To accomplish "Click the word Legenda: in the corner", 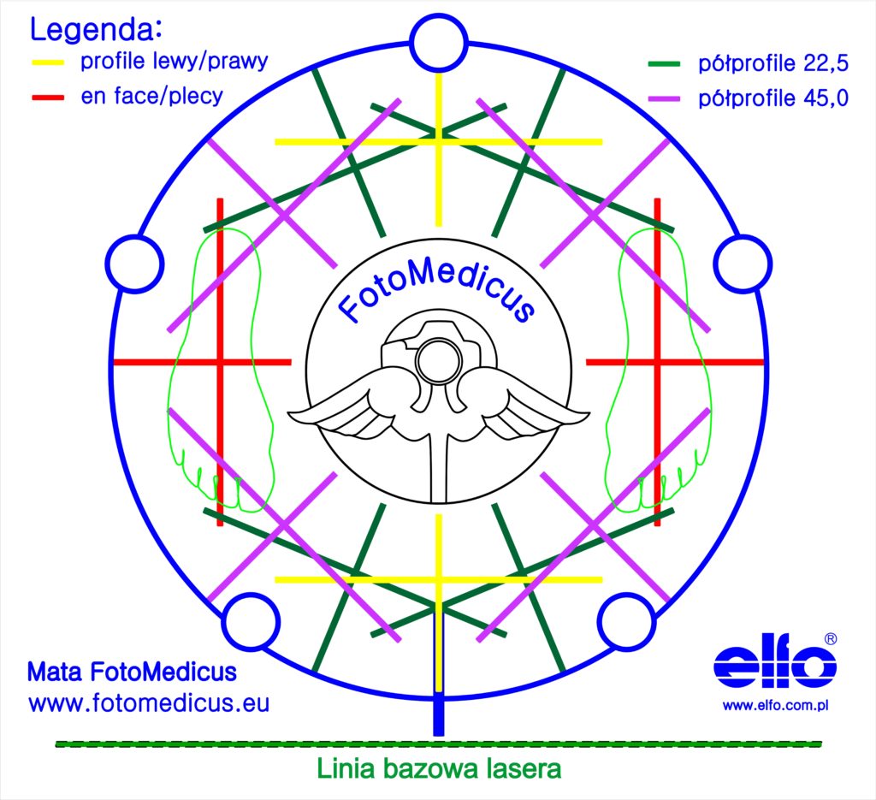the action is point(96,29).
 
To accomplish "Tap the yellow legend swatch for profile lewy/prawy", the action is point(48,62).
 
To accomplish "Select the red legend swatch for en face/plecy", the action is point(48,98).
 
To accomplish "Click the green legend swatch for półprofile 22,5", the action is point(664,64).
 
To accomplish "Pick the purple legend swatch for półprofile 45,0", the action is point(664,99).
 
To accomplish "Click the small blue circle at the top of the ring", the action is point(439,43).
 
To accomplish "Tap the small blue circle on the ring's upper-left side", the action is point(134,264).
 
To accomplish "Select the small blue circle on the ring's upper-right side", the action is point(743,264).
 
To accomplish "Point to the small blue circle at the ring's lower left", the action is point(251,622).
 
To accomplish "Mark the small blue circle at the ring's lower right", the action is point(626,622).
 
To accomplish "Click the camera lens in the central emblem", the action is point(439,361).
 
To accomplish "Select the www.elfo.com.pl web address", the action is point(775,706).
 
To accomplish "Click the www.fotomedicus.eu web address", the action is point(149,702).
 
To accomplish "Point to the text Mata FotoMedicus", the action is point(132,672).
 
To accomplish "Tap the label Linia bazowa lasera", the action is point(439,768).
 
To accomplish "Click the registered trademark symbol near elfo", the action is point(831,638).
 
